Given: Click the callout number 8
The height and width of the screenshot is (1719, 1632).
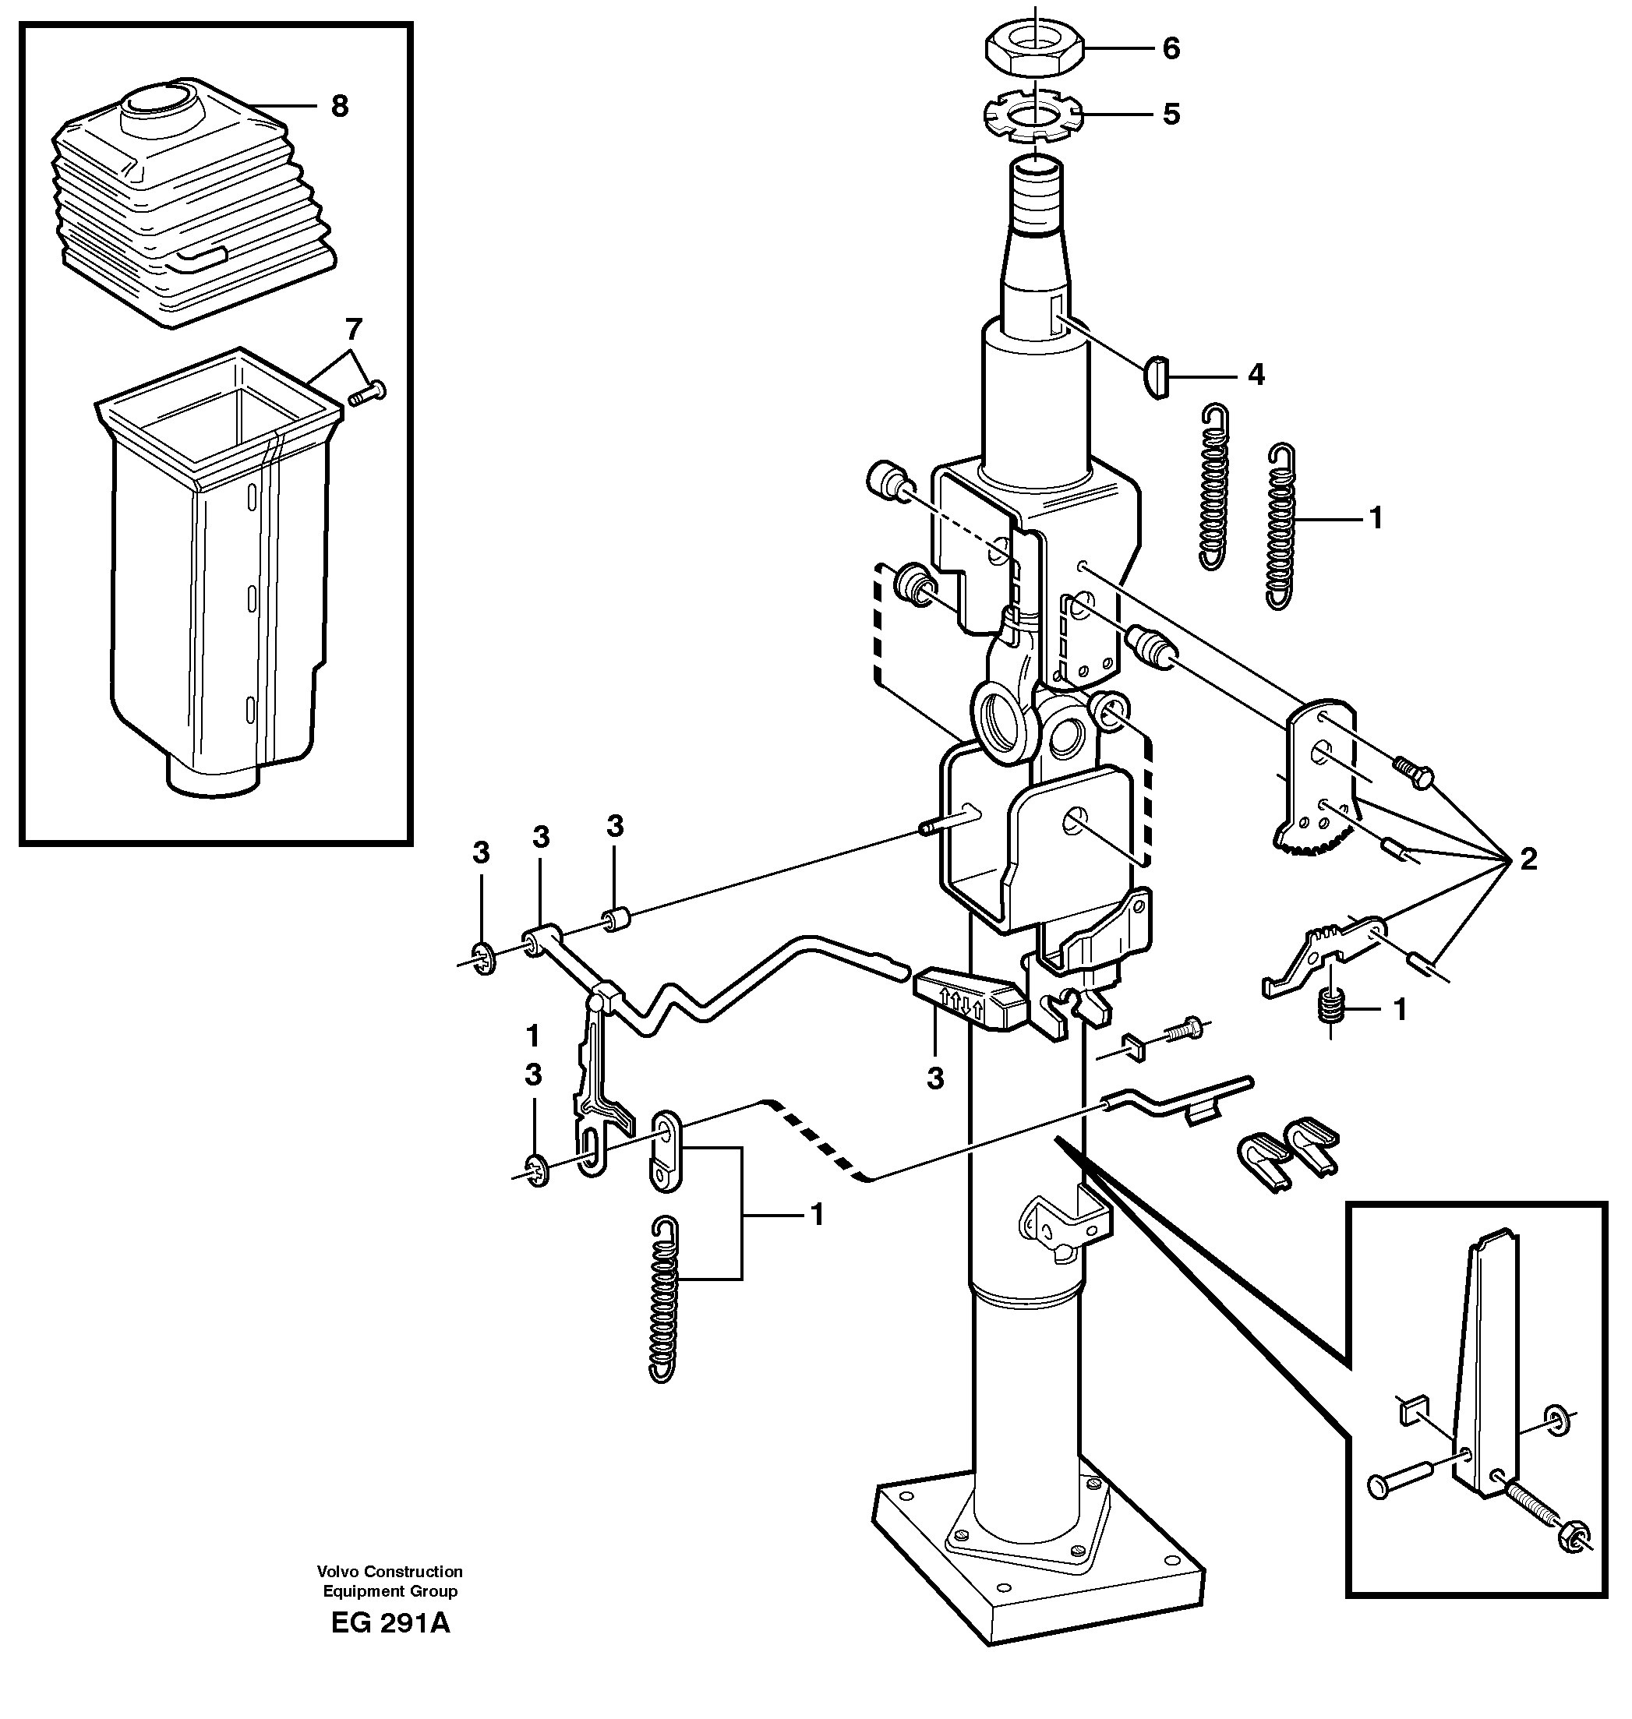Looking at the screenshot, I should [339, 106].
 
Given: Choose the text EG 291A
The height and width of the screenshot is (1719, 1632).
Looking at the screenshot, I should [390, 1623].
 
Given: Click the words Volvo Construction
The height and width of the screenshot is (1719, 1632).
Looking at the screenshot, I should [390, 1572].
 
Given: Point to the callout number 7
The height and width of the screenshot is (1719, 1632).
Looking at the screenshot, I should [352, 330].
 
